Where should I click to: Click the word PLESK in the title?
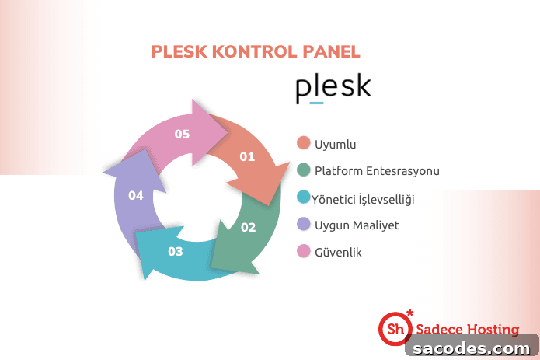coord(179,51)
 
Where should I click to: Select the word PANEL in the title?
coord(331,51)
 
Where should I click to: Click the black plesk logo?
coord(333,88)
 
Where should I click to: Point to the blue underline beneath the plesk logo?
coord(316,103)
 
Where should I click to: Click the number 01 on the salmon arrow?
coord(247,157)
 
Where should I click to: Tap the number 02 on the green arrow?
coord(249,227)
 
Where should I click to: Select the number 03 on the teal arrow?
coord(176,251)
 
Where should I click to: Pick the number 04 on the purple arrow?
coord(136,196)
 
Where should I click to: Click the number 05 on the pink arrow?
coord(182,134)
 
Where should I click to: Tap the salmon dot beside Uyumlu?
coord(303,142)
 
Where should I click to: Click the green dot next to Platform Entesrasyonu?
coord(303,170)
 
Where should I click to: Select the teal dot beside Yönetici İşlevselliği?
coord(303,197)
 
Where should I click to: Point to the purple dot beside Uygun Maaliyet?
coord(303,224)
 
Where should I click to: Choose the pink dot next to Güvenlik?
coord(303,251)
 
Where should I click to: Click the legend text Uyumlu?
coord(335,145)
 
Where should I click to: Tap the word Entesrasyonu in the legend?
coord(402,171)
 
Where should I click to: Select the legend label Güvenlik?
coord(338,252)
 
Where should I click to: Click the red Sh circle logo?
coord(395,329)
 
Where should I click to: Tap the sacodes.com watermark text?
coord(471,348)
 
